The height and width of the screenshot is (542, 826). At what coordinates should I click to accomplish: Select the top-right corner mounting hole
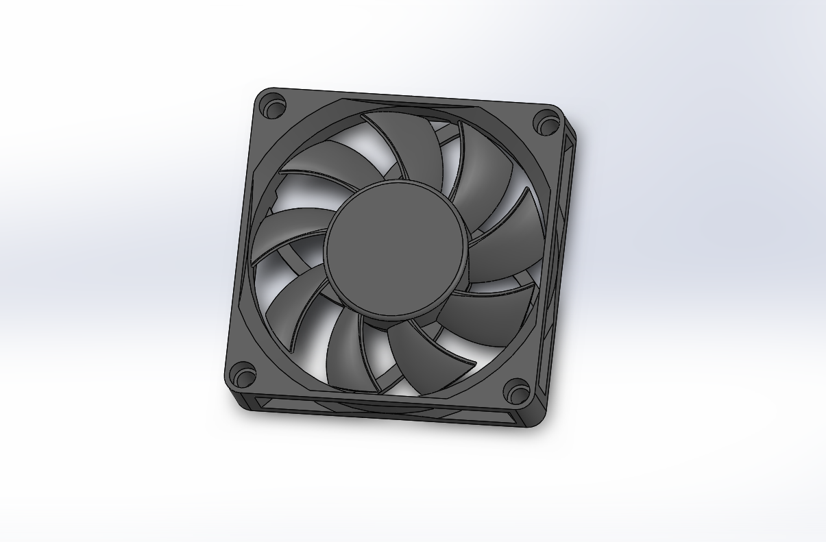547,124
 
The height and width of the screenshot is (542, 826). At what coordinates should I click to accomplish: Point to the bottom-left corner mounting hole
242,374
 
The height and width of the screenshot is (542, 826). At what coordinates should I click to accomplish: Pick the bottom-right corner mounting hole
516,393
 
